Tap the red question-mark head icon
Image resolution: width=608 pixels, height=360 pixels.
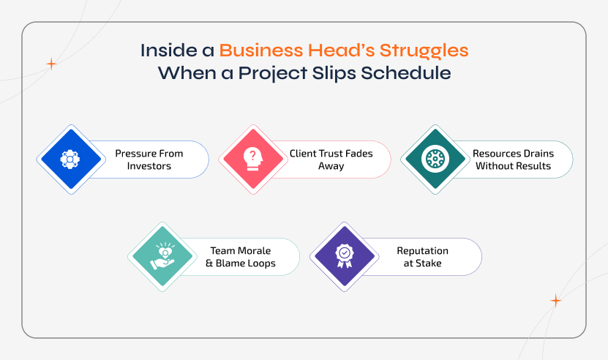(x=252, y=159)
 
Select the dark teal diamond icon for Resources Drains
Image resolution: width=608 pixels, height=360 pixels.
(x=435, y=159)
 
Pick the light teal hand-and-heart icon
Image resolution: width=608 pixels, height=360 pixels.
(x=161, y=256)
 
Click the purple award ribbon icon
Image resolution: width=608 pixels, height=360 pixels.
(x=343, y=256)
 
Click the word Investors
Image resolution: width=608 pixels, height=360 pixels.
(x=149, y=166)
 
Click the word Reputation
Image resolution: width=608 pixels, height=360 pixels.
(x=422, y=251)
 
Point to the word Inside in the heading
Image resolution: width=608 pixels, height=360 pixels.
(x=162, y=51)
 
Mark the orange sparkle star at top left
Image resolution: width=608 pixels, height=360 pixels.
(x=51, y=64)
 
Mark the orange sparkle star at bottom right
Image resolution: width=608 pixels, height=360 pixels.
(x=555, y=301)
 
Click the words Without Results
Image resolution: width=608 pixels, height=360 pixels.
(x=513, y=166)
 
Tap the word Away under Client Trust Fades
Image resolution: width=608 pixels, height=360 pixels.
(x=331, y=166)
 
